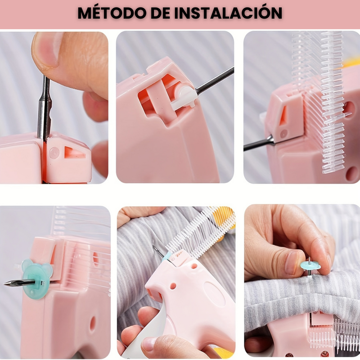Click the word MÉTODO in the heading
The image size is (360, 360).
(x=112, y=13)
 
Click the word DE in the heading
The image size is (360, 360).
(x=160, y=13)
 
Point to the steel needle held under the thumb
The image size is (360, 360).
(x=45, y=108)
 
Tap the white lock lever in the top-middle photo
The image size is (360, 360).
(x=184, y=98)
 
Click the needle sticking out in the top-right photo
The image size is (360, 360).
(x=259, y=144)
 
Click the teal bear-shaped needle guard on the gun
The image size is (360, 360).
(x=37, y=279)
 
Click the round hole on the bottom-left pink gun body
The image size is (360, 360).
(x=93, y=324)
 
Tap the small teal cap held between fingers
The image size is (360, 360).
(x=310, y=265)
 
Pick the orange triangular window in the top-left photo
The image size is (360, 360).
(x=74, y=153)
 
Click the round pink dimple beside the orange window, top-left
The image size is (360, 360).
(x=54, y=153)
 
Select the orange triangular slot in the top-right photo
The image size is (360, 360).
(x=283, y=115)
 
